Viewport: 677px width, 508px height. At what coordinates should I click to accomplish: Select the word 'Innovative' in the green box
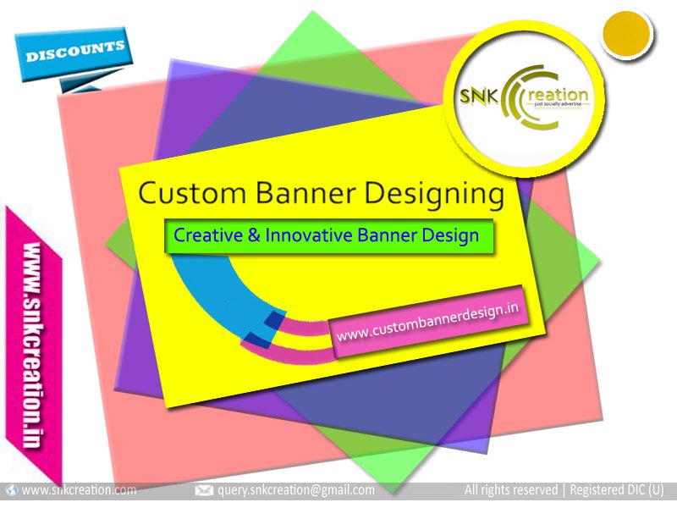click(x=307, y=235)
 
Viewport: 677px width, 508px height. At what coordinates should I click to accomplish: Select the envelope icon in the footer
click(x=204, y=490)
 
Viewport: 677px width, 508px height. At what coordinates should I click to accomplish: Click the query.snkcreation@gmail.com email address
click(x=296, y=490)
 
